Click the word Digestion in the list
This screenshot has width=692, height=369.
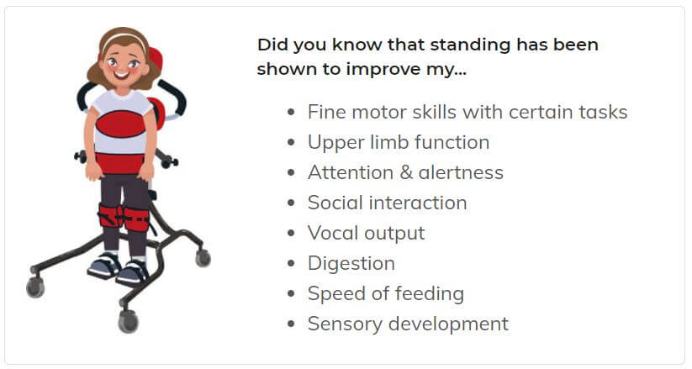pyautogui.click(x=351, y=264)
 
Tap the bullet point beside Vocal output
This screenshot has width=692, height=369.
pyautogui.click(x=290, y=233)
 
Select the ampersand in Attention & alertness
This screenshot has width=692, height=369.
pyautogui.click(x=406, y=172)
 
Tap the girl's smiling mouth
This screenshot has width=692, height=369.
pyautogui.click(x=122, y=74)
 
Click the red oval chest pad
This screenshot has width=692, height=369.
pyautogui.click(x=120, y=124)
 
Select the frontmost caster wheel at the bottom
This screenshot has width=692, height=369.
pyautogui.click(x=129, y=321)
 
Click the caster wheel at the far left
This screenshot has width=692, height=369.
pyautogui.click(x=35, y=287)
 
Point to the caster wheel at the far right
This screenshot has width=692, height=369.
pyautogui.click(x=203, y=258)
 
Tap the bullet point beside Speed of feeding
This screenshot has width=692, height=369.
pyautogui.click(x=290, y=293)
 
